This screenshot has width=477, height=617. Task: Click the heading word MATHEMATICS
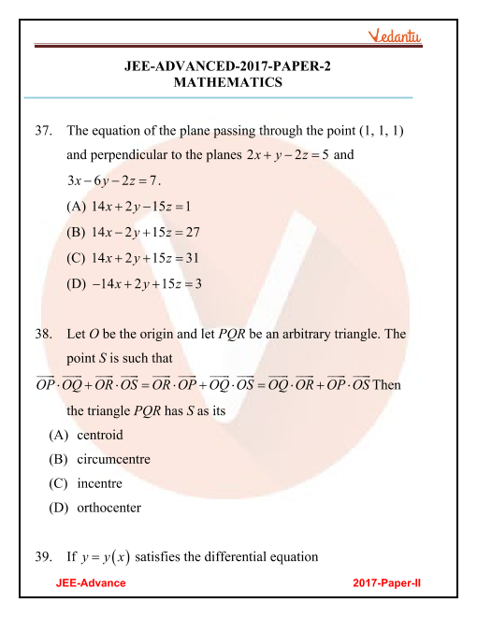(x=228, y=82)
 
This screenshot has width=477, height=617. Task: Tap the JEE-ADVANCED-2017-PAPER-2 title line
(x=228, y=66)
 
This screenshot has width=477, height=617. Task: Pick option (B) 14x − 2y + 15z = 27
(x=139, y=232)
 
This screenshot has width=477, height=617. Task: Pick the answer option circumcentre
(x=107, y=460)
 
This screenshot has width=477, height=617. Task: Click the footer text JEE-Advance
(x=91, y=582)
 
